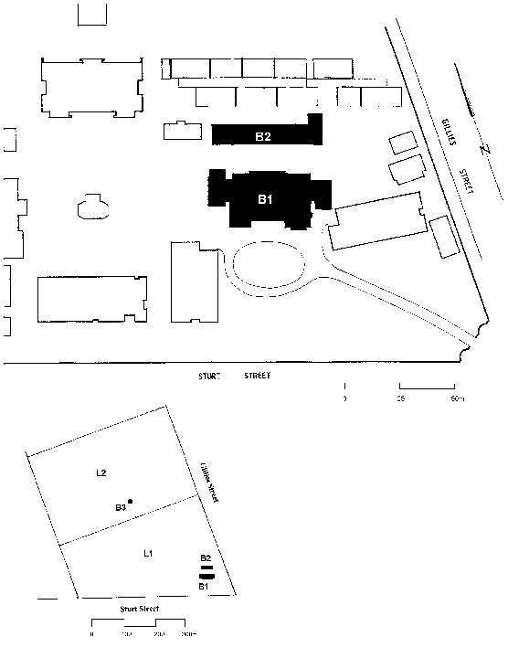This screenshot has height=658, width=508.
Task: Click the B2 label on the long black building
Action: [263, 137]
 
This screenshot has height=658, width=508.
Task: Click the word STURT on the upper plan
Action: [212, 376]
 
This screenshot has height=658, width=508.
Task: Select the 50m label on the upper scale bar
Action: [457, 399]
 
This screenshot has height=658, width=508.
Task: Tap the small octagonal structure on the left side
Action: [92, 206]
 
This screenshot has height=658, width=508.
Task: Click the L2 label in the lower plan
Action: [102, 473]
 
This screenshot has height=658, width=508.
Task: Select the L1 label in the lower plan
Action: [147, 554]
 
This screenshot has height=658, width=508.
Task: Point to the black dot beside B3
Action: [131, 502]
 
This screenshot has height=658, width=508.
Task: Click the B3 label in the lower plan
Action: [120, 507]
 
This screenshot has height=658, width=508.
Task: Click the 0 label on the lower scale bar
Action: [92, 633]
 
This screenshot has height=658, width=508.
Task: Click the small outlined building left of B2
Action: [182, 131]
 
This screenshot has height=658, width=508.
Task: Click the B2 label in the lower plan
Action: [206, 557]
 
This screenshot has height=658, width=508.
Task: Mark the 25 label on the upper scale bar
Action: [401, 399]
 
